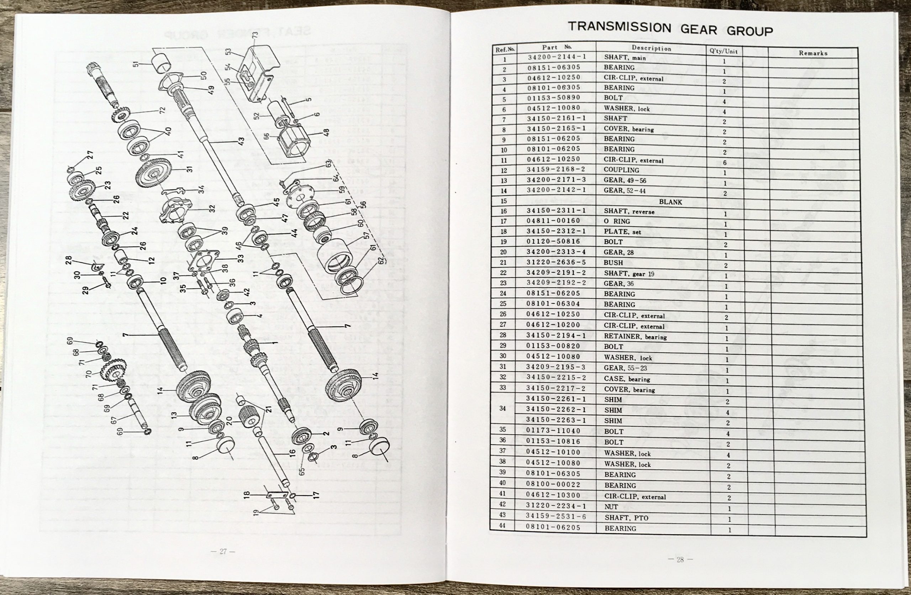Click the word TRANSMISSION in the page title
tap(619, 27)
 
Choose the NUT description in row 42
tap(611, 506)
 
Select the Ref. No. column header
tap(505, 49)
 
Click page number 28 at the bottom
tap(680, 559)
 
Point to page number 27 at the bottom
tap(223, 551)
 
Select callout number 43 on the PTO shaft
tap(241, 141)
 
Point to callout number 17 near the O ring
tap(315, 495)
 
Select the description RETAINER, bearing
tap(635, 337)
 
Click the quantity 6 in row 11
tap(724, 163)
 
